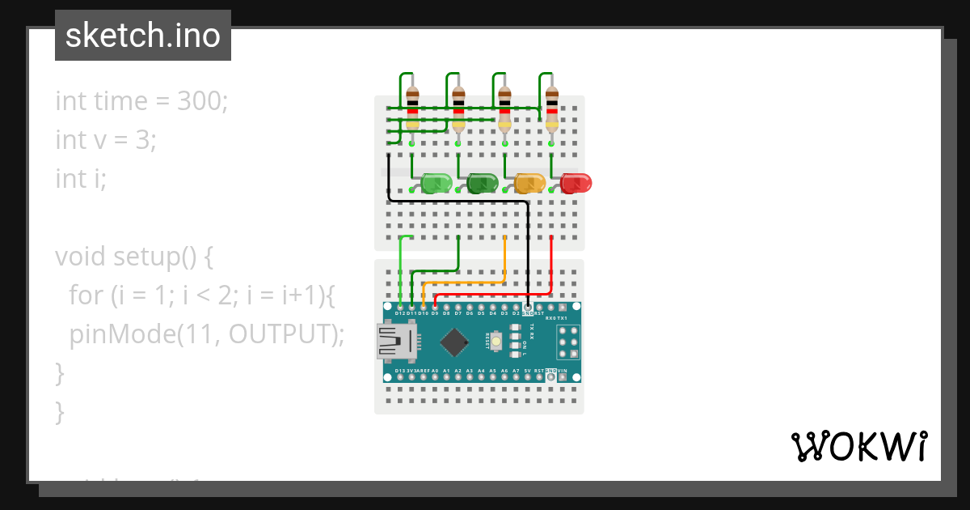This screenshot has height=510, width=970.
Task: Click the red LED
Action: click(576, 183)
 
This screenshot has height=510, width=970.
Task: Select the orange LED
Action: click(530, 183)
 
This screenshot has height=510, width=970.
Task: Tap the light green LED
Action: click(436, 183)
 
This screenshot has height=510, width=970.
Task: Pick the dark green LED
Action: click(483, 183)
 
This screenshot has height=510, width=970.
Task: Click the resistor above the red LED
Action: click(551, 109)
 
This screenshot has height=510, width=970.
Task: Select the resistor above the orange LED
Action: click(504, 109)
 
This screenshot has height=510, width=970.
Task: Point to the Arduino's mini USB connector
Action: click(395, 341)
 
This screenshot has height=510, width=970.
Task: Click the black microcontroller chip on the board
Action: click(455, 342)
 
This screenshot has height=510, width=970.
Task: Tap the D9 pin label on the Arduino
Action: click(435, 312)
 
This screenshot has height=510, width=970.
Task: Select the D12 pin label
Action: click(400, 312)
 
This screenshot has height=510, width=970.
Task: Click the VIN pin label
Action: click(563, 371)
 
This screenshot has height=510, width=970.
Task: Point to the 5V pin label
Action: click(527, 371)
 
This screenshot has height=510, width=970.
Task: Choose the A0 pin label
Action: click(435, 371)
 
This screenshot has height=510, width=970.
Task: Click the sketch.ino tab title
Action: click(143, 36)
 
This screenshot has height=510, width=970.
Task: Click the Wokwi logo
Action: click(858, 446)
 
